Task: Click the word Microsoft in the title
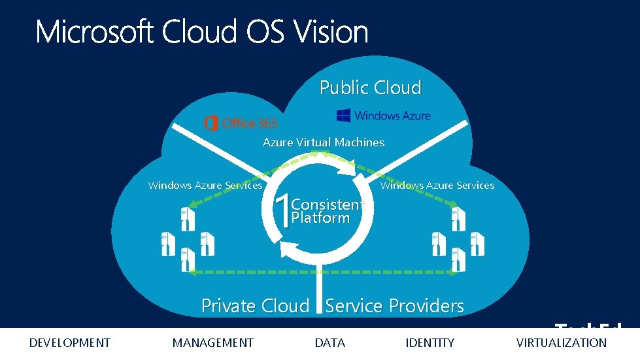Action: coord(95,31)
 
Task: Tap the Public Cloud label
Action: coord(370,88)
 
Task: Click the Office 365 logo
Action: coord(241,123)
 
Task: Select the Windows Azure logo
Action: coord(384,116)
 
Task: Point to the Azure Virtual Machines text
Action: coord(324,142)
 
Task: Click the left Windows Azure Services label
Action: coord(205,186)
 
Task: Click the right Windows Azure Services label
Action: coord(437,186)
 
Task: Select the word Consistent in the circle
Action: coord(326,205)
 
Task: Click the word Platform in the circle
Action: coord(320,218)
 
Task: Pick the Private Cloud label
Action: coord(255,306)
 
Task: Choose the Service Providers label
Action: coord(395,306)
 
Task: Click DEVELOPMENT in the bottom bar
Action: coord(70,343)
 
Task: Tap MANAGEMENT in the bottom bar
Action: coord(212,343)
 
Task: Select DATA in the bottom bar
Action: coord(329,343)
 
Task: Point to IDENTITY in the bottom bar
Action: coord(429,343)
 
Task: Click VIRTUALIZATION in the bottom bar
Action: coord(562,343)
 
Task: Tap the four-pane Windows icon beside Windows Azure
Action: coord(343,116)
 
